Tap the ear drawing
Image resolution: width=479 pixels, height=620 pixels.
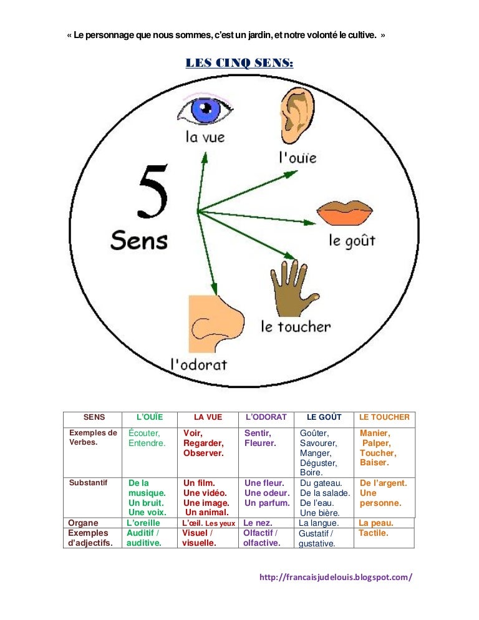click(298, 118)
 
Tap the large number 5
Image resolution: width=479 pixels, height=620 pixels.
click(153, 191)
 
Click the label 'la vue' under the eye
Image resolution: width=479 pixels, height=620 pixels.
click(205, 137)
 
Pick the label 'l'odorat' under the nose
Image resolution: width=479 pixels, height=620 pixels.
click(199, 364)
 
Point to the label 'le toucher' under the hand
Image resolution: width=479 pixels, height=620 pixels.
click(296, 326)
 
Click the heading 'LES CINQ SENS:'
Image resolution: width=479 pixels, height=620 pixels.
click(239, 63)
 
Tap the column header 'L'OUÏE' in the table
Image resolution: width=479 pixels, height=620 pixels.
click(149, 417)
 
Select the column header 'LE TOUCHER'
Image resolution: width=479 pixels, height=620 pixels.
click(384, 417)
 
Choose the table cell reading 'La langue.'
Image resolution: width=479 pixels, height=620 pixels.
click(319, 523)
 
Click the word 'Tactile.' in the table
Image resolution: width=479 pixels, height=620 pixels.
click(374, 533)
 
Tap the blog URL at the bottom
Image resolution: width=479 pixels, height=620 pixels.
click(336, 577)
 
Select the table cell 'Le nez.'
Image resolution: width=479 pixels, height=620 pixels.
click(258, 523)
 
